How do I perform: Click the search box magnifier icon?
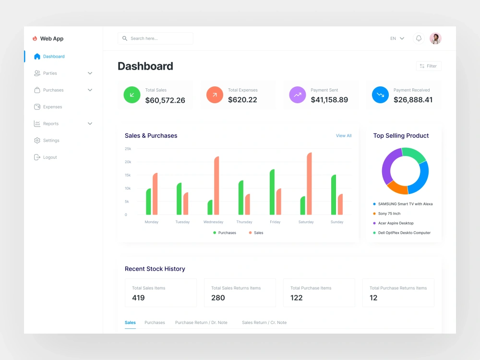[125, 38]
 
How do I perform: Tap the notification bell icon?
[419, 38]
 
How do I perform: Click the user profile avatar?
[435, 38]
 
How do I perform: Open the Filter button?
[428, 66]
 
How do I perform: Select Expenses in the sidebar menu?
[52, 107]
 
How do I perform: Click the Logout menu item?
[50, 157]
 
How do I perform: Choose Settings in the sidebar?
[51, 141]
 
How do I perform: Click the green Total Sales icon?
[132, 95]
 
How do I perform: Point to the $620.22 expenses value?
[242, 100]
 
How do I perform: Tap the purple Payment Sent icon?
[298, 95]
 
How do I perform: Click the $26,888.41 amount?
[413, 100]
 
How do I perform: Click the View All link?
[344, 136]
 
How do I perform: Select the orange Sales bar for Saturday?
[309, 184]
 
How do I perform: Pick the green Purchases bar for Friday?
[272, 192]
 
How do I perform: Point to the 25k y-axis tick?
[128, 149]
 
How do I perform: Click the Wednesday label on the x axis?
[213, 222]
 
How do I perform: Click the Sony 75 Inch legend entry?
[389, 214]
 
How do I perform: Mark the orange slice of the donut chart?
[396, 187]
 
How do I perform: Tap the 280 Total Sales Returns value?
[218, 298]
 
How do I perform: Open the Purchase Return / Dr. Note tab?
[201, 323]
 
